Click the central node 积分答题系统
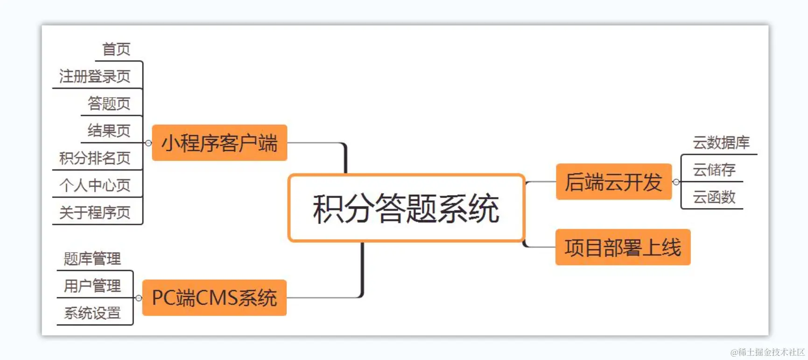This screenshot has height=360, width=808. tap(406, 208)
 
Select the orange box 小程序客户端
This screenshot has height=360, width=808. tap(219, 143)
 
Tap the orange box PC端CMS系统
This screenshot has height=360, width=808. tap(214, 298)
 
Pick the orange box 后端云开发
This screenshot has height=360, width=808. tap(613, 182)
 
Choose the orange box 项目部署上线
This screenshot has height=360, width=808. tap(623, 247)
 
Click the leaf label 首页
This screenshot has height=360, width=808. tap(116, 49)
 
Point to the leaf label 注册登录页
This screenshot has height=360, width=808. tap(95, 76)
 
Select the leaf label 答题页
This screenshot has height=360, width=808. tap(109, 103)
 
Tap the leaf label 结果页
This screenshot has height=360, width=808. tap(109, 130)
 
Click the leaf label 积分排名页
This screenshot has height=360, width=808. tap(95, 158)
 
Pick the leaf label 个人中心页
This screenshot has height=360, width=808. tap(95, 185)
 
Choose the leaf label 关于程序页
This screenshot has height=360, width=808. tap(95, 212)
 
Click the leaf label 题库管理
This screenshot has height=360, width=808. tap(92, 258)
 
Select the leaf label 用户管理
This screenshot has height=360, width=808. tap(92, 285)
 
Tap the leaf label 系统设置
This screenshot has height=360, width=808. tap(92, 313)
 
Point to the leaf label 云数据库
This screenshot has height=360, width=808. tap(721, 142)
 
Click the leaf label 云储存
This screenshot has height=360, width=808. tap(714, 169)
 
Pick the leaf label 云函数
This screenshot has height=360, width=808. tap(714, 197)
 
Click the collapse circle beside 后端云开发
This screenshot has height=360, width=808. tap(676, 182)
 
